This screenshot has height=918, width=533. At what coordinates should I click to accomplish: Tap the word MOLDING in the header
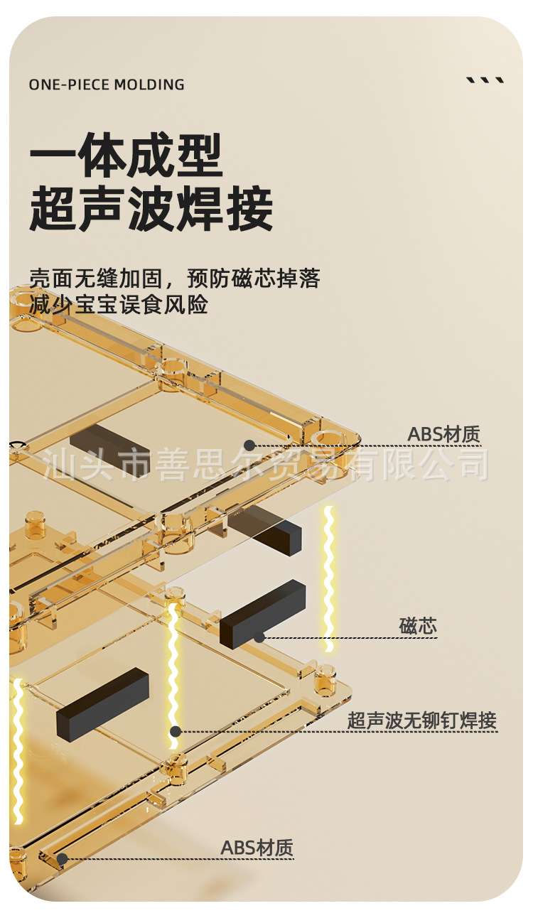pos(149,85)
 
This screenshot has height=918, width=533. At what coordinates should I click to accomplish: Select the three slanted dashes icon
pos(485,80)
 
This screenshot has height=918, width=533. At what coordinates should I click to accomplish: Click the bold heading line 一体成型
pos(126,156)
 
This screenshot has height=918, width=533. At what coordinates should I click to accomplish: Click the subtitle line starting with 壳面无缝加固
pos(174,278)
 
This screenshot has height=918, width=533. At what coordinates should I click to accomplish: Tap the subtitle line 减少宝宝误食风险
pos(119,305)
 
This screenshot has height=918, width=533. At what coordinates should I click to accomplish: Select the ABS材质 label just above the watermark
pos(443,434)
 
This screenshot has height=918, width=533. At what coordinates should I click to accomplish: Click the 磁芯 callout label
pos(418,626)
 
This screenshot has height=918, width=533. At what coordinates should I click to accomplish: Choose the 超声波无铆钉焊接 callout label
pos(421,720)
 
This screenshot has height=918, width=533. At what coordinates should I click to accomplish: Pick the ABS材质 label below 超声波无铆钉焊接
pos(257,848)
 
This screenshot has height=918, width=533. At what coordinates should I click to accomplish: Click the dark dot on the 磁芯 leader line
pos(259,637)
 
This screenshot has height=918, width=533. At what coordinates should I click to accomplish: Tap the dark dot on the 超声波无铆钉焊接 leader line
pos(176,731)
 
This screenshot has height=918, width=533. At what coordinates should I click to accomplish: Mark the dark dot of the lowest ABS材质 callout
pos(63,859)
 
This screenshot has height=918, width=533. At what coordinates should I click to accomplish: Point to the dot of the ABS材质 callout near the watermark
pos(249,445)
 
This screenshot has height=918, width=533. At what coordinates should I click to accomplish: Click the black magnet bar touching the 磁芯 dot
pos(262,612)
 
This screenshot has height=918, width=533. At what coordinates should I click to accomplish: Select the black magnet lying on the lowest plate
pos(102,703)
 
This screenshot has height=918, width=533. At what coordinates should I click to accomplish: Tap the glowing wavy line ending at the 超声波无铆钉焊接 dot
pos(173,668)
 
